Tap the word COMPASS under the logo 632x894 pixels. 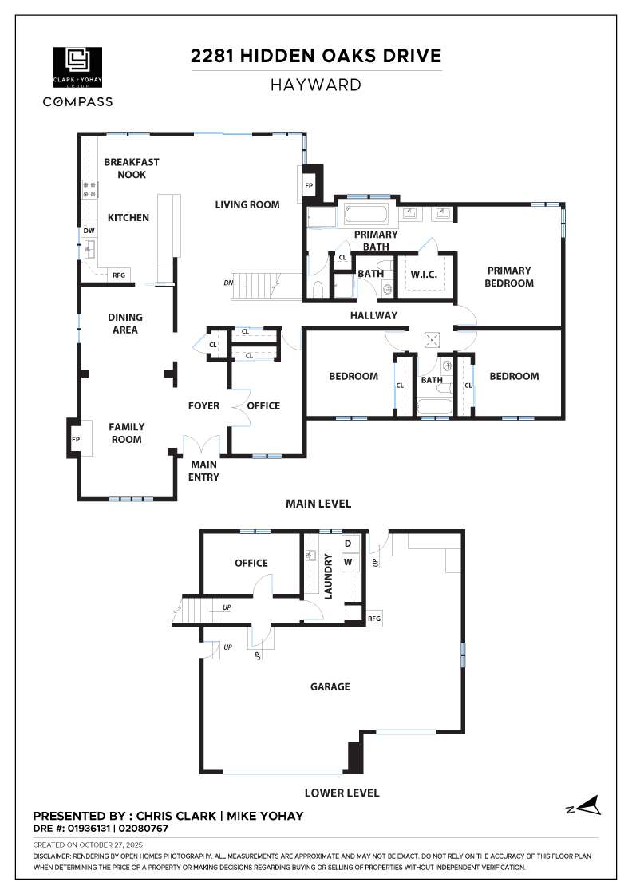tap(77, 101)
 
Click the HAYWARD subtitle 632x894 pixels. tap(315, 85)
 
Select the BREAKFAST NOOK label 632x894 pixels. tap(132, 168)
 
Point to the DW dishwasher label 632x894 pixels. tap(89, 231)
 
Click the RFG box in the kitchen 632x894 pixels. tap(119, 275)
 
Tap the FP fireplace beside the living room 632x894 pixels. tap(309, 185)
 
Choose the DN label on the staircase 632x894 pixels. tap(229, 283)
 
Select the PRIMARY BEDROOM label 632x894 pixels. tap(509, 276)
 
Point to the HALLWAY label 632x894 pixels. tap(373, 316)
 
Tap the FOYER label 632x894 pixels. tap(203, 405)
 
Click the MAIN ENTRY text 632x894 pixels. tap(204, 470)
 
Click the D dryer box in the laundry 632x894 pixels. tap(347, 544)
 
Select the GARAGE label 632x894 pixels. tap(330, 686)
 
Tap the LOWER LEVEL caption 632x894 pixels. tap(342, 793)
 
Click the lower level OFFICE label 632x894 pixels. tap(251, 563)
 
